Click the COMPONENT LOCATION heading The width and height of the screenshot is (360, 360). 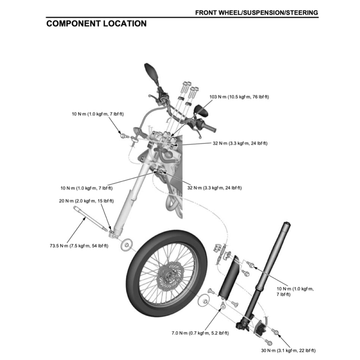coord(96,24)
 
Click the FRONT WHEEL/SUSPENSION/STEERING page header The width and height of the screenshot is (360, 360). coord(257,13)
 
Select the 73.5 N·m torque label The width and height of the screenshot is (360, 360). coord(79,245)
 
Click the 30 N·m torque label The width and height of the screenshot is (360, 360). coord(288,351)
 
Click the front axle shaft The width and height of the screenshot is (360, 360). coord(90,219)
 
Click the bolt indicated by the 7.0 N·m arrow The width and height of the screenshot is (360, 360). coord(223,308)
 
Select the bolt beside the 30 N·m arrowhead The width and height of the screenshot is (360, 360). coord(276,332)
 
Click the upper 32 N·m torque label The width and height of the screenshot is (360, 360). coord(240,143)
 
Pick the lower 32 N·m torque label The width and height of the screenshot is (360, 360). coord(214,188)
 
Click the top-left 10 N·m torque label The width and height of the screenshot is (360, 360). coord(98,114)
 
